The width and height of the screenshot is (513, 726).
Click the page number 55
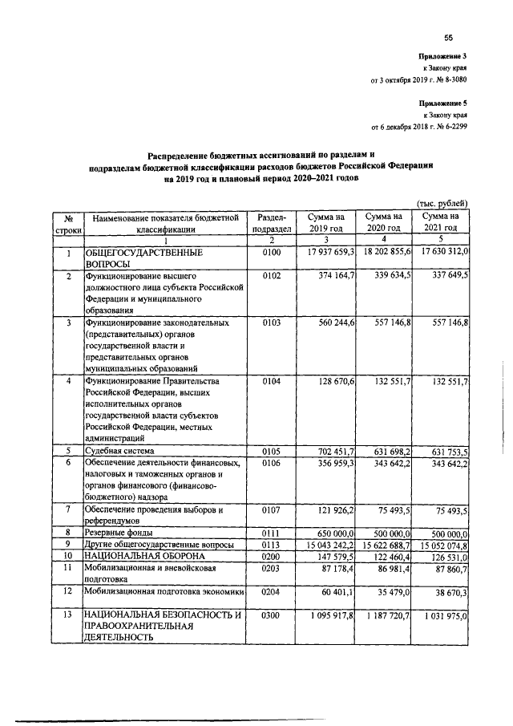(x=448, y=37)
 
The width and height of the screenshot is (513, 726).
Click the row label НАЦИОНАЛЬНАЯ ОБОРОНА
(x=136, y=555)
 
